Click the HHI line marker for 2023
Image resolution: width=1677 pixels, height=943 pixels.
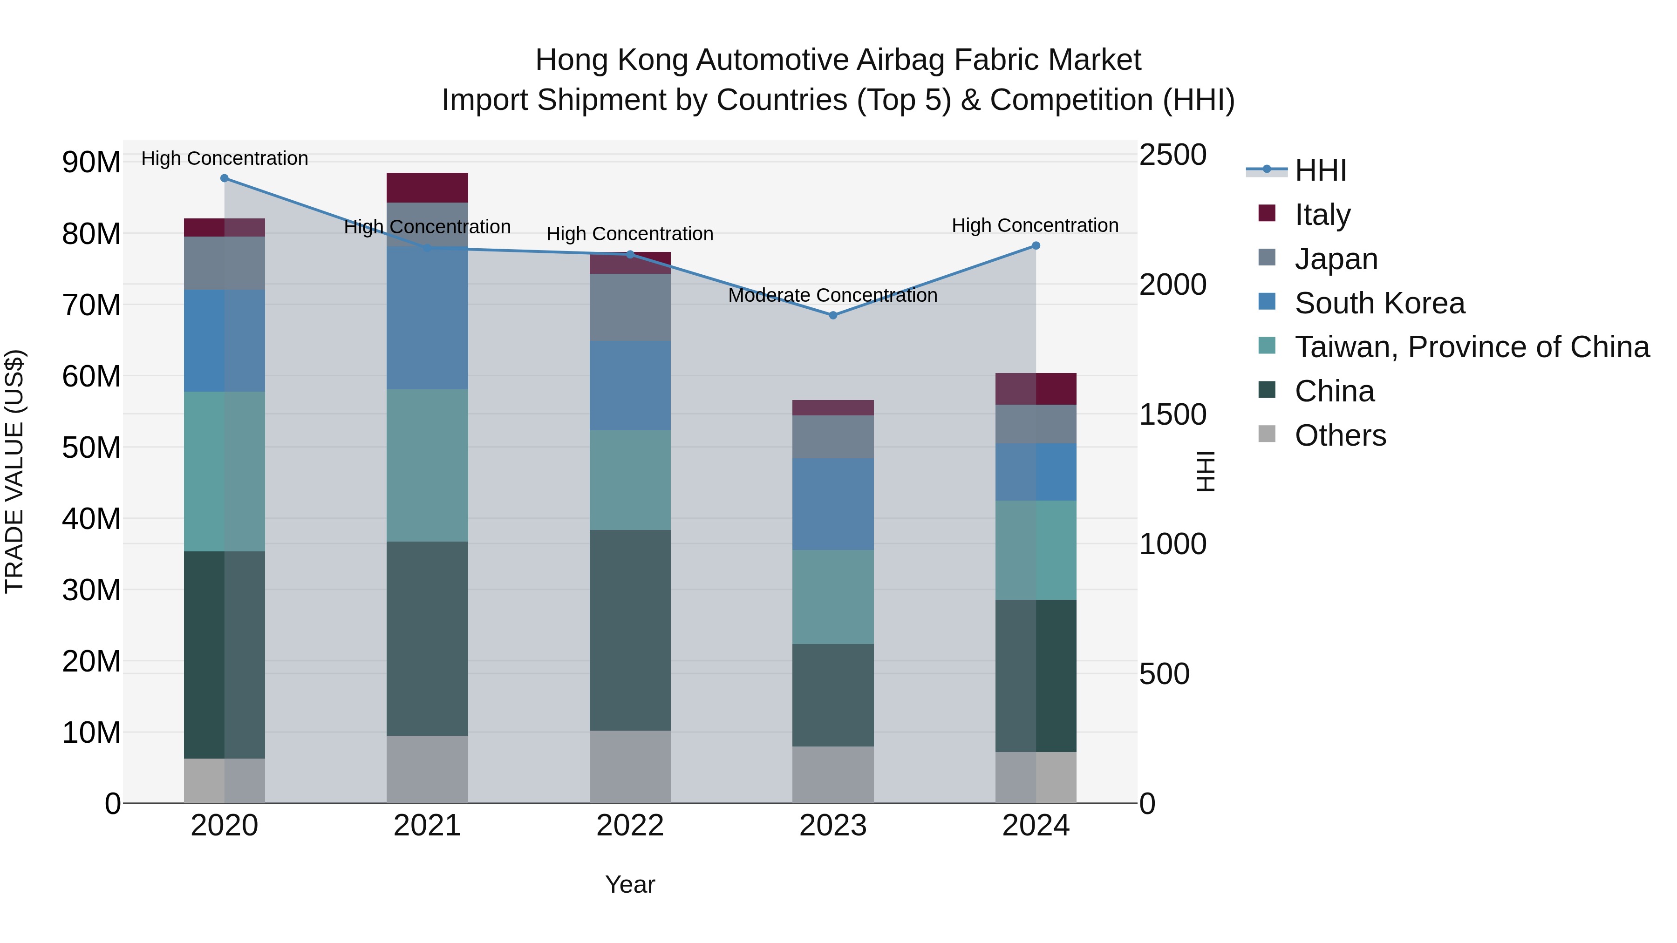[832, 315]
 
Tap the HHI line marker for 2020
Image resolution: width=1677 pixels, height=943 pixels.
[225, 178]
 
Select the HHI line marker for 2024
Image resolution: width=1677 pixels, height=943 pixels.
[1036, 246]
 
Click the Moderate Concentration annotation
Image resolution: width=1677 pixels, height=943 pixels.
[832, 295]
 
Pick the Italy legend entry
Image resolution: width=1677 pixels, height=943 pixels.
[1322, 215]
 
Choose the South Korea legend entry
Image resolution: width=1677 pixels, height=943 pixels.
[1379, 303]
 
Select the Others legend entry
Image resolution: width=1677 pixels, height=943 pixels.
[1340, 435]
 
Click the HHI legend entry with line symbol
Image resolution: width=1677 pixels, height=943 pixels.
[1320, 170]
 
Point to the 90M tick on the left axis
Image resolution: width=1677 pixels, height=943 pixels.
[91, 162]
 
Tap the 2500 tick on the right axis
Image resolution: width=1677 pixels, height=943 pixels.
[1173, 156]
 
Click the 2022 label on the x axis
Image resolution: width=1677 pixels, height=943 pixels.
[629, 826]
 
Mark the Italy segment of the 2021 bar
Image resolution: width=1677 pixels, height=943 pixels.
[427, 187]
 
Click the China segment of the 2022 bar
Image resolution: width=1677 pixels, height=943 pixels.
[629, 630]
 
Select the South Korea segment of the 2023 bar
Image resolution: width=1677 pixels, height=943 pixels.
[832, 504]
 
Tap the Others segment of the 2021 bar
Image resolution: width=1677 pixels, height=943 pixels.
[427, 769]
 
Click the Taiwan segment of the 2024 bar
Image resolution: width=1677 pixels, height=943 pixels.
[1036, 550]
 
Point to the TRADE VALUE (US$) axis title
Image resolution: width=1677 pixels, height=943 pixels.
[14, 471]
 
